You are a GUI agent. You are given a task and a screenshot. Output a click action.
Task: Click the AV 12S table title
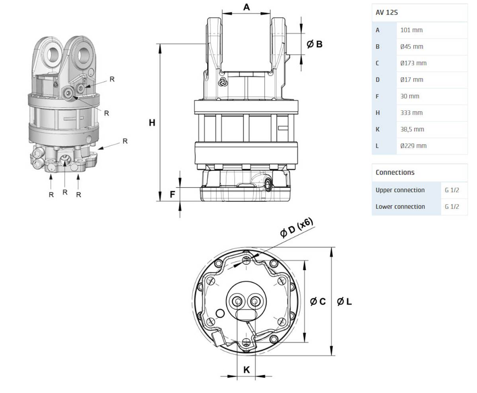point(386,13)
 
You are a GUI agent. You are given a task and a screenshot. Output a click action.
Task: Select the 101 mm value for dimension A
point(411,30)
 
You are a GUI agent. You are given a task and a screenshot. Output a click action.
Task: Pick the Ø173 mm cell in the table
point(413,63)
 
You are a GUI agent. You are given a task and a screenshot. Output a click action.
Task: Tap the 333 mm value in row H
point(411,113)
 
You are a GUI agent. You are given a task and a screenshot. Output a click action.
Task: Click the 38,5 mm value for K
point(412,129)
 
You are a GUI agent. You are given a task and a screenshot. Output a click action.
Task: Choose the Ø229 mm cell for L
point(413,146)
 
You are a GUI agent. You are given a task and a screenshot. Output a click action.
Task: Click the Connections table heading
point(395,172)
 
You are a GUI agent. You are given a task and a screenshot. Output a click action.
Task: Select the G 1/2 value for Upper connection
point(452,190)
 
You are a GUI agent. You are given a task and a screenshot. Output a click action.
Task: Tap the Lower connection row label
point(400,207)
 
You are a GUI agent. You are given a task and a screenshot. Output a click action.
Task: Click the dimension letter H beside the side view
point(152,123)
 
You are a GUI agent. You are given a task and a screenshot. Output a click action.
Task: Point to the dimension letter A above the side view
point(246,7)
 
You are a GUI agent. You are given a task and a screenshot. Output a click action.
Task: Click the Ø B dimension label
point(314,44)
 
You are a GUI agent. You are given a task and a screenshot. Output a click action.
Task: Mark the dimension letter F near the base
point(172,195)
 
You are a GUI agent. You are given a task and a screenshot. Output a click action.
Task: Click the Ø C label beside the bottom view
point(318,302)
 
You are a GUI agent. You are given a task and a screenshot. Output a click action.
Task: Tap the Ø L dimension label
point(344,302)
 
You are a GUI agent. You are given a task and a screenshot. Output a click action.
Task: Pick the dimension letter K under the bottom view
point(246,370)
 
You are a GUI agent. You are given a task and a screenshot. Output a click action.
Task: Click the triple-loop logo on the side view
point(223,82)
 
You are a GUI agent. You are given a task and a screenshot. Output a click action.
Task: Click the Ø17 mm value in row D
point(411,80)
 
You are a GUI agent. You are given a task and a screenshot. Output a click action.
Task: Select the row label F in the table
point(377,96)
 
